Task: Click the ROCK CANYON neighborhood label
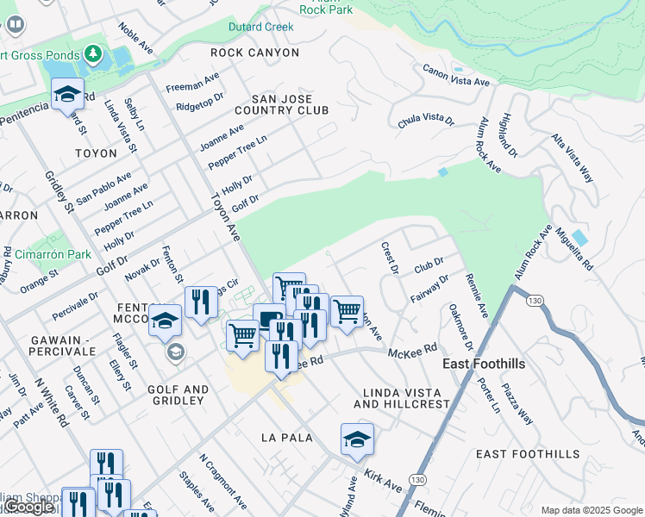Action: coord(255,53)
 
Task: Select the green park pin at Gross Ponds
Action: coord(93,56)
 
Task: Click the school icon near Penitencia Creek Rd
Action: coord(66,95)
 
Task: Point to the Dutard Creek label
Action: coord(260,27)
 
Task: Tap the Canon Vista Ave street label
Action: coord(455,75)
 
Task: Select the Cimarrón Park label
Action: coord(53,255)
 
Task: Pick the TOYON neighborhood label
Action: coord(96,153)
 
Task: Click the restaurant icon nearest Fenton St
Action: coord(200,302)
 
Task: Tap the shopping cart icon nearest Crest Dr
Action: coord(347,311)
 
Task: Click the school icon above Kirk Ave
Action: coord(356,439)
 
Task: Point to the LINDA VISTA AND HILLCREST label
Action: coord(402,397)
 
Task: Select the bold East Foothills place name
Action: coord(484,364)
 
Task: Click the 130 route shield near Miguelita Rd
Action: coord(535,300)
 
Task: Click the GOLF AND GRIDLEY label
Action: coord(178,396)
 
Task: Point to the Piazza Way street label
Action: coord(518,403)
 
